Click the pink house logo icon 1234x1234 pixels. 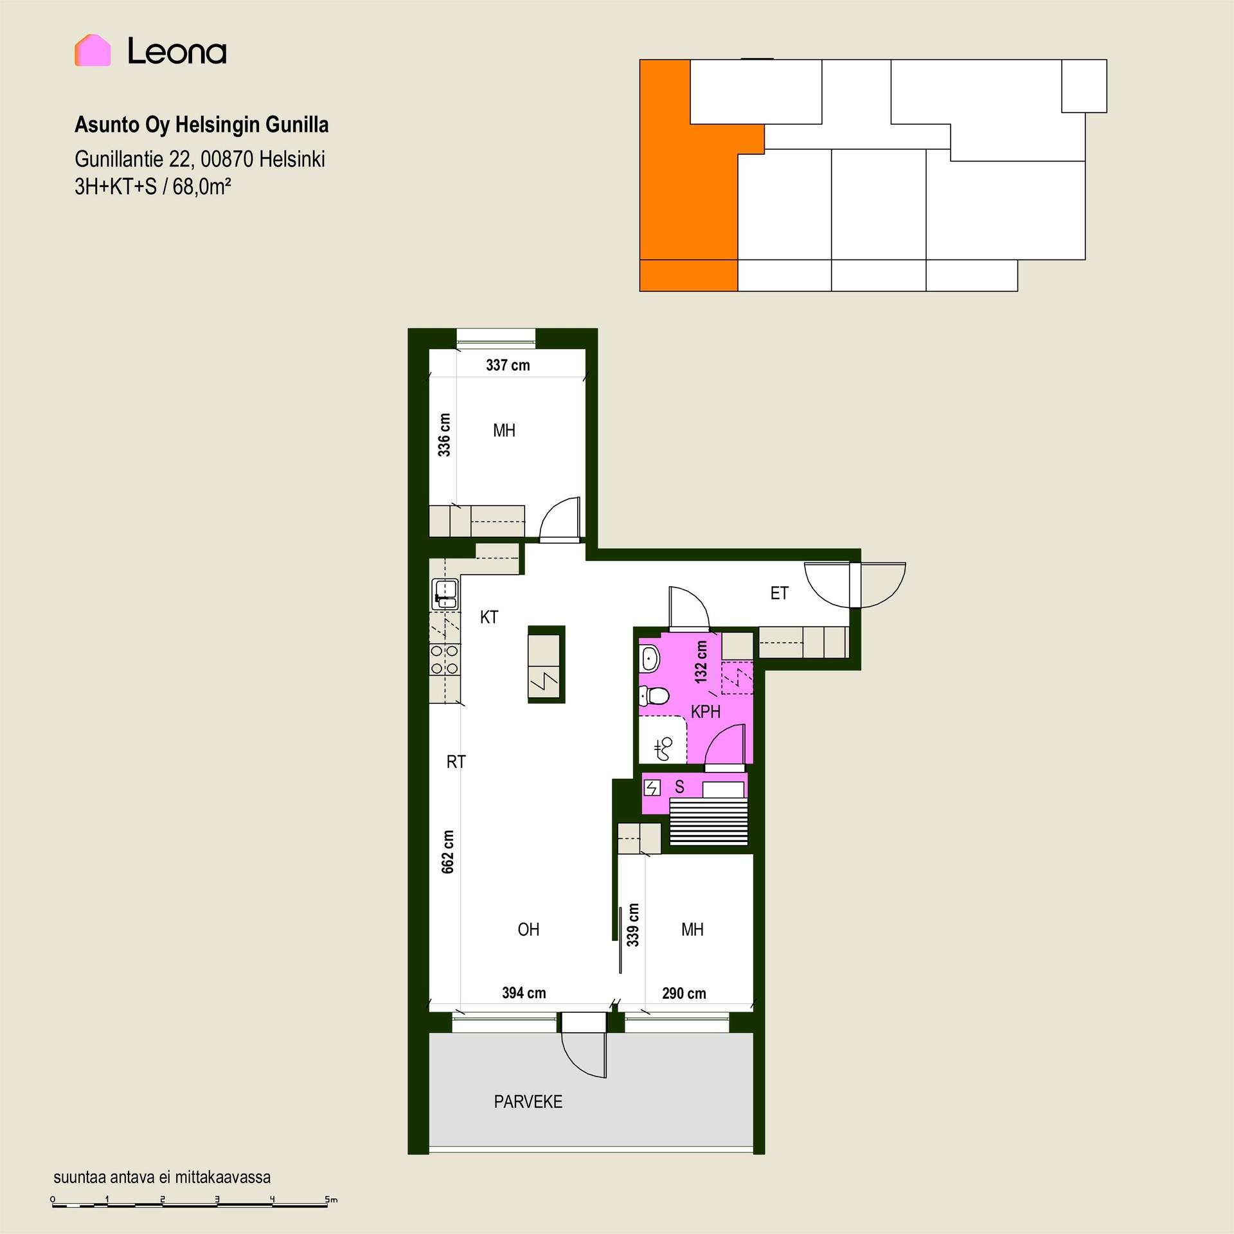click(x=93, y=50)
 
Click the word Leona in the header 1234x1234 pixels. click(x=177, y=51)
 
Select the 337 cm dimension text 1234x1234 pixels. click(x=508, y=366)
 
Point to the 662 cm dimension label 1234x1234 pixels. click(x=448, y=852)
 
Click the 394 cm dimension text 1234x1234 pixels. click(x=524, y=993)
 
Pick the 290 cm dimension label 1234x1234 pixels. click(x=684, y=994)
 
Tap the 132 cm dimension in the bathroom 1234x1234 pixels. click(x=701, y=662)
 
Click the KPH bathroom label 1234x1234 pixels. click(x=706, y=711)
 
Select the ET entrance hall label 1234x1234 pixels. click(x=779, y=593)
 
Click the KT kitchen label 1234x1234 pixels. click(x=489, y=618)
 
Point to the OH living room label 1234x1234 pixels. click(x=528, y=929)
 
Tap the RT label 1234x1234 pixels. click(x=456, y=762)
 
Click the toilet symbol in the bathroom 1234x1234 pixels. click(x=654, y=695)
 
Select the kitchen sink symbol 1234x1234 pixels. click(x=445, y=594)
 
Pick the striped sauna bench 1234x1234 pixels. click(x=709, y=821)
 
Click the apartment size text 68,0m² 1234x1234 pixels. click(x=202, y=187)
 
